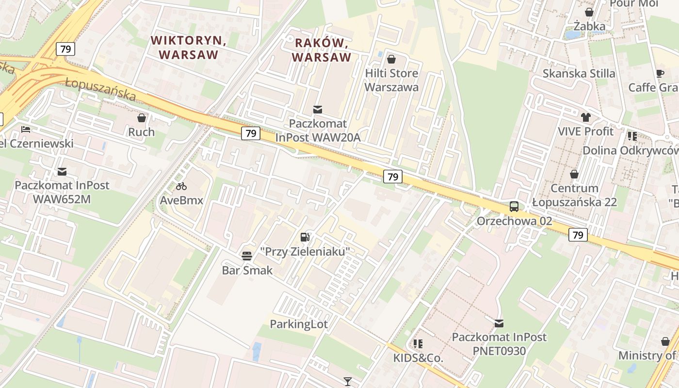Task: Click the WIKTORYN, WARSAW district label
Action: [x=188, y=47]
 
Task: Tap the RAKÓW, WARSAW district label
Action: [x=321, y=50]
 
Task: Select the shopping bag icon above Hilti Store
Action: [x=391, y=59]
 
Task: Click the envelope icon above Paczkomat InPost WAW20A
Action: [x=318, y=110]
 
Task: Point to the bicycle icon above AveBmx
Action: [x=181, y=186]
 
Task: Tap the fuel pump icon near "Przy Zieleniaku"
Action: [x=305, y=237]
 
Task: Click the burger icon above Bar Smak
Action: [x=247, y=256]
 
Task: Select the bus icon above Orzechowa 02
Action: [x=514, y=207]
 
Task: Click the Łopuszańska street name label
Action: [x=100, y=89]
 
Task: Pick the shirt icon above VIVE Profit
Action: [x=585, y=117]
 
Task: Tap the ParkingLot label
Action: [x=299, y=324]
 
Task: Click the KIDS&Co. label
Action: [x=418, y=358]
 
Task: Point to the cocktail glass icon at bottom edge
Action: [x=347, y=382]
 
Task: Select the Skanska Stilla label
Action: [x=579, y=74]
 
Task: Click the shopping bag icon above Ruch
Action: [x=142, y=118]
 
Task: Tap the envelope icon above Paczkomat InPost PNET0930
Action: [x=499, y=323]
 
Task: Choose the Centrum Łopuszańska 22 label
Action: [x=574, y=195]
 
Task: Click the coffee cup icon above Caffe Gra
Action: [x=660, y=73]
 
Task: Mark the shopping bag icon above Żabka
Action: [x=589, y=12]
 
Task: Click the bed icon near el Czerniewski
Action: [x=26, y=129]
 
